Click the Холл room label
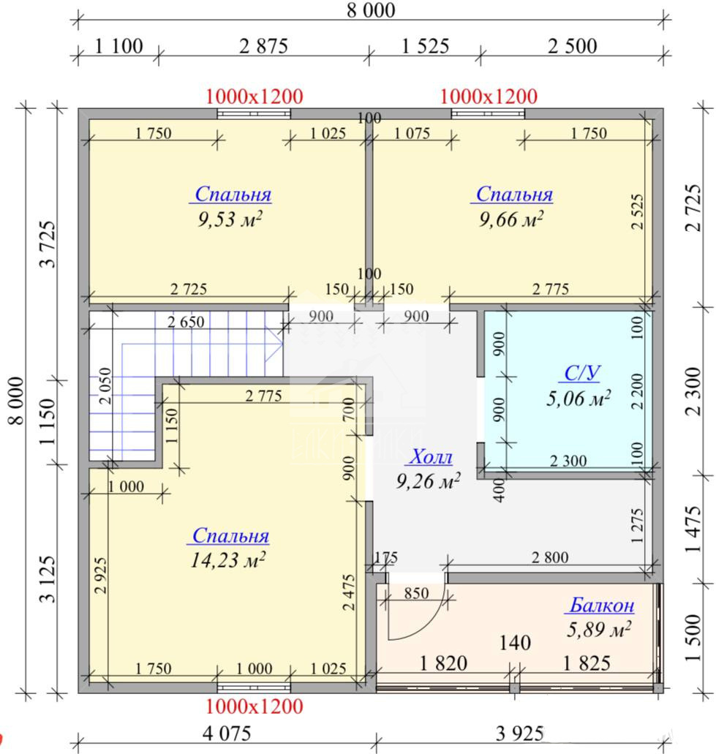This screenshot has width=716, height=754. [430, 456]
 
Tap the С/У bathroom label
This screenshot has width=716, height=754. [582, 373]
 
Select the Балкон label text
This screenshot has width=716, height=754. [602, 605]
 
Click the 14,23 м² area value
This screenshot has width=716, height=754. [228, 559]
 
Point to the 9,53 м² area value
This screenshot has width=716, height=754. [230, 219]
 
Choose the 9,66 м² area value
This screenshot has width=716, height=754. [511, 219]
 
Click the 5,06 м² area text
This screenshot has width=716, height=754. [579, 398]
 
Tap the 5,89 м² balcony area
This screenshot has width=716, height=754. [599, 630]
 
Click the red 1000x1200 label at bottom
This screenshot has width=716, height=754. [255, 706]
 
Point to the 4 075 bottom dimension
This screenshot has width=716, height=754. [227, 734]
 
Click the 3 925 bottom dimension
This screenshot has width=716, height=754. [520, 734]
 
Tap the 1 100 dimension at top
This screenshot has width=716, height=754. [118, 46]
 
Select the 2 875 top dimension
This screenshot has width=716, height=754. [263, 46]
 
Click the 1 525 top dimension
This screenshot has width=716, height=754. [425, 46]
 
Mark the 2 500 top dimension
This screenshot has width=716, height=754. [573, 46]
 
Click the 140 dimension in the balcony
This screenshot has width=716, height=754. [515, 642]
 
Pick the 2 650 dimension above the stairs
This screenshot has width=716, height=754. [186, 322]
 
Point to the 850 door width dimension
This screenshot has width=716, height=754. [416, 593]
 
